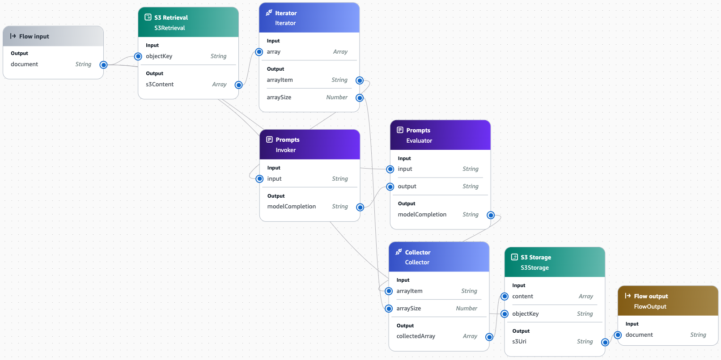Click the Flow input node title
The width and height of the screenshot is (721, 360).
[34, 36]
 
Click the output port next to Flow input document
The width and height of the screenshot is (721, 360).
[104, 65]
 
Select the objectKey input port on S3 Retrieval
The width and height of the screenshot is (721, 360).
[138, 56]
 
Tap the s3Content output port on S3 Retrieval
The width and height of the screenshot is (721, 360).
[239, 85]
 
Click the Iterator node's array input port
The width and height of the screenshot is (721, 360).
[259, 52]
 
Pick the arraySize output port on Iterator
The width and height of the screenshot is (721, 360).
[360, 98]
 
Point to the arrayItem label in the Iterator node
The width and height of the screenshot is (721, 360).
[280, 80]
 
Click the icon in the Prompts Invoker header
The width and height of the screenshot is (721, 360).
[269, 140]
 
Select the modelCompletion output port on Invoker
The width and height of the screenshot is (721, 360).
[360, 207]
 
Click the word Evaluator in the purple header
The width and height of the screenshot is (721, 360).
[419, 140]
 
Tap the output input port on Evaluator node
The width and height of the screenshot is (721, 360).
[390, 186]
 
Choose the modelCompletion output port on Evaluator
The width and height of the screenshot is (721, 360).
[491, 215]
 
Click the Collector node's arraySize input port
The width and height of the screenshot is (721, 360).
[389, 309]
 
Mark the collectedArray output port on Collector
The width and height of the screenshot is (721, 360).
[489, 337]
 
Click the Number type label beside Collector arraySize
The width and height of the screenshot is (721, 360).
[466, 308]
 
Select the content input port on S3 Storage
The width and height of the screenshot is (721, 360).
[505, 296]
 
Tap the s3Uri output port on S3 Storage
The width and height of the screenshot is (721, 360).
[605, 342]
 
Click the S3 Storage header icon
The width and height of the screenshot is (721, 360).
[514, 257]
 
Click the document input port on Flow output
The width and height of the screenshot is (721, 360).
[618, 335]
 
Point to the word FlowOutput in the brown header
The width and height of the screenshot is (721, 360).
[650, 306]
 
